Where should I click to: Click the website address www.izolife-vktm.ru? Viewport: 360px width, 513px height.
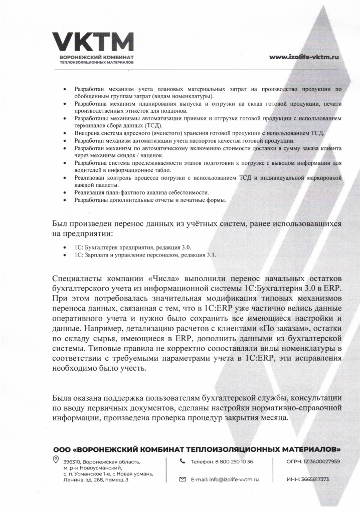304,57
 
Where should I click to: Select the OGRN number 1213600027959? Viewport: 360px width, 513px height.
321,461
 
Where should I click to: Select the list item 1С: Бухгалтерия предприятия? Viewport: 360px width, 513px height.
133,247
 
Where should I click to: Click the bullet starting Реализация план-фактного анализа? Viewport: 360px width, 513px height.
141,193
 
